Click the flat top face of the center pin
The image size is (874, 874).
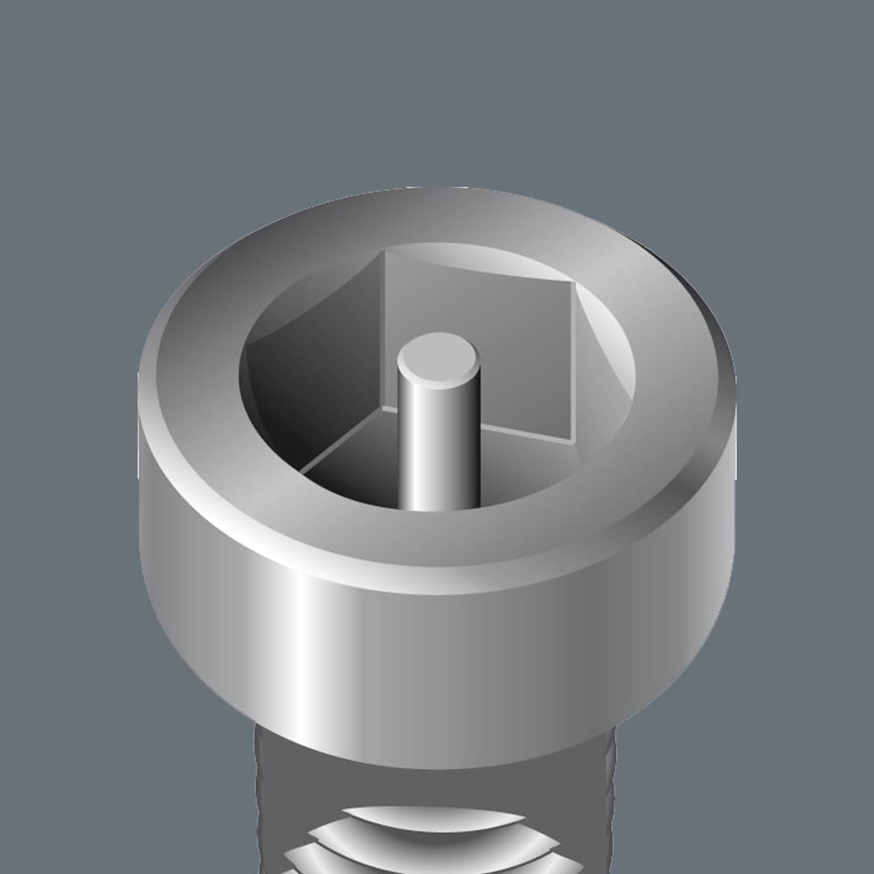coord(438,359)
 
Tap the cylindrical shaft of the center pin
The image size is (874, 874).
coord(438,446)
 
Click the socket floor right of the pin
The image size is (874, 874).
coord(524,463)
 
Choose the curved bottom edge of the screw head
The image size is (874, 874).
coord(437,766)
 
